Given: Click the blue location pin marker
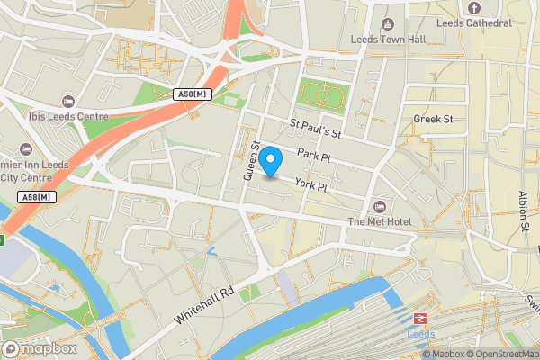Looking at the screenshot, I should [271, 162].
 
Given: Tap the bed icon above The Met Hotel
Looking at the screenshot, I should [377, 207].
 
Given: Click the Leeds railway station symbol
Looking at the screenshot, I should [419, 318].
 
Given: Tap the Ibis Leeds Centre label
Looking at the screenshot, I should [50, 115].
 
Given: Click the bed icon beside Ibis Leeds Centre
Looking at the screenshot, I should [68, 101].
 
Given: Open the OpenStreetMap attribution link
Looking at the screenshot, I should [500, 354].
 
